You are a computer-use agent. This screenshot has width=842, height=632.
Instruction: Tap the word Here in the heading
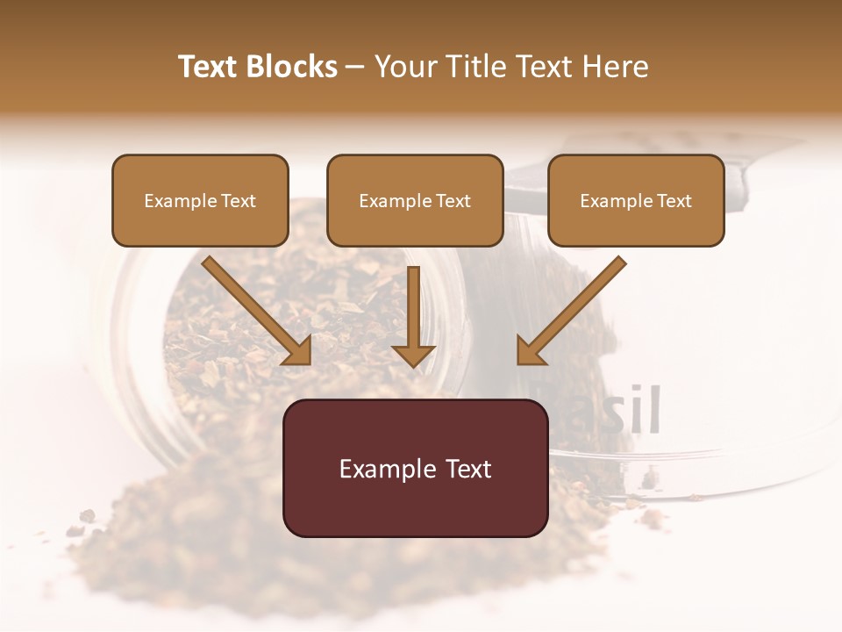point(617,67)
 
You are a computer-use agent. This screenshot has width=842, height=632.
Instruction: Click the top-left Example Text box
point(200,200)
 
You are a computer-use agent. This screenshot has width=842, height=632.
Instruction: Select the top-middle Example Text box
point(415,200)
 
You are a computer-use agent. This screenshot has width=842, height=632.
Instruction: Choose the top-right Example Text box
point(636,200)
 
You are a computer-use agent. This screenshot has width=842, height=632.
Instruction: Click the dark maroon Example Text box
point(415,469)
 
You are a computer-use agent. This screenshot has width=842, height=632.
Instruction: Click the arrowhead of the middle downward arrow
point(413,355)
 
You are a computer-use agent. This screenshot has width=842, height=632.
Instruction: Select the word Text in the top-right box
point(674,201)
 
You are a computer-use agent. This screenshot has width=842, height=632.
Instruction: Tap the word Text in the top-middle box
point(453,201)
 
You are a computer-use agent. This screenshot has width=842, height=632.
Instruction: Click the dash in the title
point(355,67)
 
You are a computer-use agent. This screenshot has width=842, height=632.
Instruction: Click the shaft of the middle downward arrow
point(413,304)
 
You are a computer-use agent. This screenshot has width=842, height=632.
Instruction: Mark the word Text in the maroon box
point(470,469)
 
